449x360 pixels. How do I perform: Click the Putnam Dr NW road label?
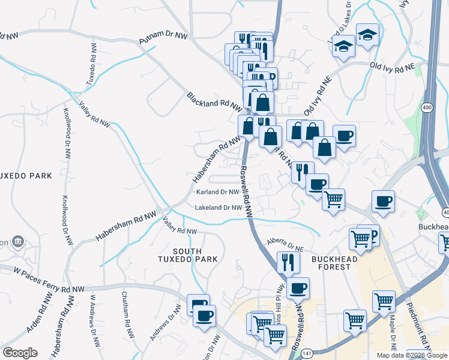[x=163, y=39]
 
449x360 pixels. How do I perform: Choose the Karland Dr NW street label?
[x=218, y=192]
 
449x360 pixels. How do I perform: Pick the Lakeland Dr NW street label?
[x=218, y=208]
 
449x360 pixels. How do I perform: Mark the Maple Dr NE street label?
[x=392, y=334]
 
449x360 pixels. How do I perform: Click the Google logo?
[x=20, y=353]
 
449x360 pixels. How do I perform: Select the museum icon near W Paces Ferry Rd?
[x=18, y=242]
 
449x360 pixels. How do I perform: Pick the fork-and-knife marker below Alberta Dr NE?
[x=288, y=262]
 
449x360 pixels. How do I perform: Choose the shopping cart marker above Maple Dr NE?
[x=384, y=301]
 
